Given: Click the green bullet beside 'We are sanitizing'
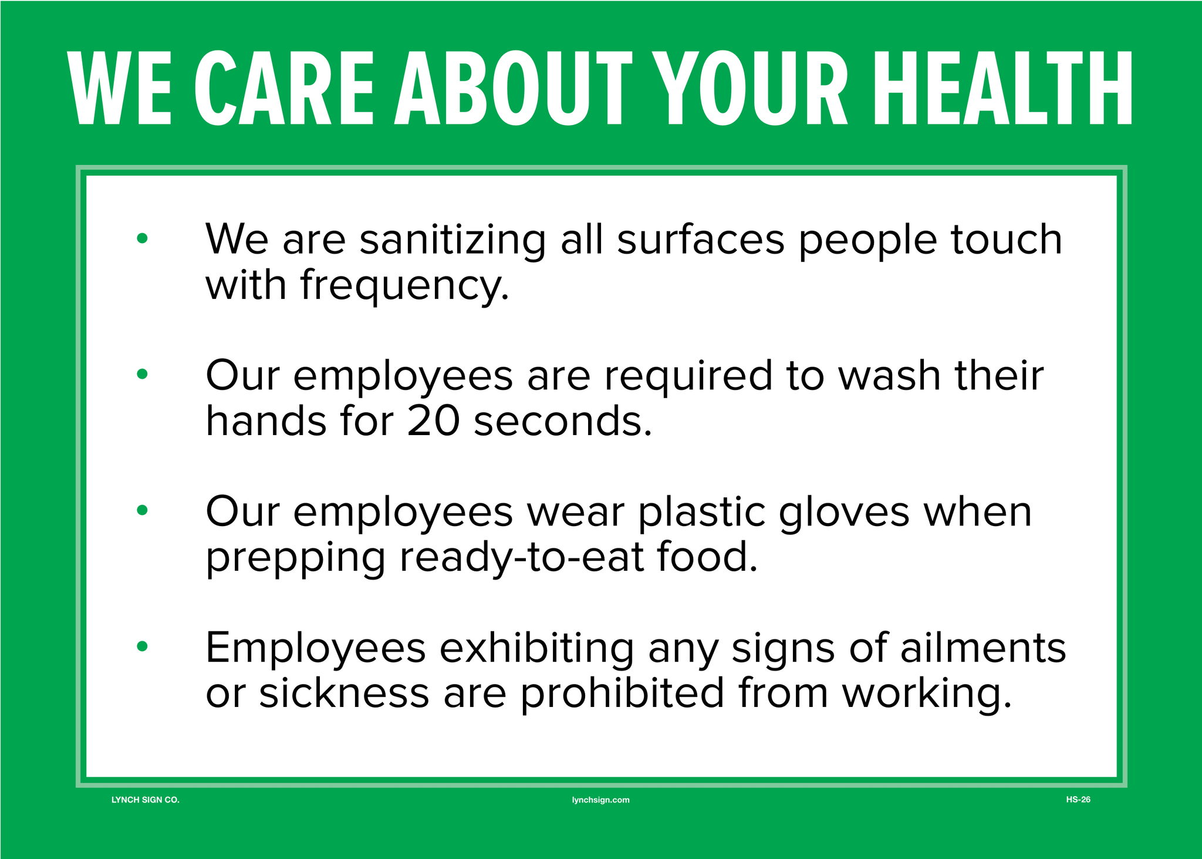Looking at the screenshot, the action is (142, 238).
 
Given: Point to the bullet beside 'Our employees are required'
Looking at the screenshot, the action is (142, 373).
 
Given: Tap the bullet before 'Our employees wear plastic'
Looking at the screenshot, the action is (142, 510).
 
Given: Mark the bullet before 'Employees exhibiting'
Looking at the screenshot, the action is (142, 646).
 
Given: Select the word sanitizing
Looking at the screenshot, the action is (453, 240).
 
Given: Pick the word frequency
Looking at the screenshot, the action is (404, 287).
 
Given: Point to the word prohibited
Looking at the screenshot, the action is (622, 692).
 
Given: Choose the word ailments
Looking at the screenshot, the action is (983, 647).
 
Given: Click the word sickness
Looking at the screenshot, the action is (345, 692).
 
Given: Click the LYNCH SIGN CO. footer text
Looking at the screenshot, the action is (146, 800).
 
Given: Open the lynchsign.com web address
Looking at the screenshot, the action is (601, 800).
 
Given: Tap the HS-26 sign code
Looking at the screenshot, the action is (1078, 799).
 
